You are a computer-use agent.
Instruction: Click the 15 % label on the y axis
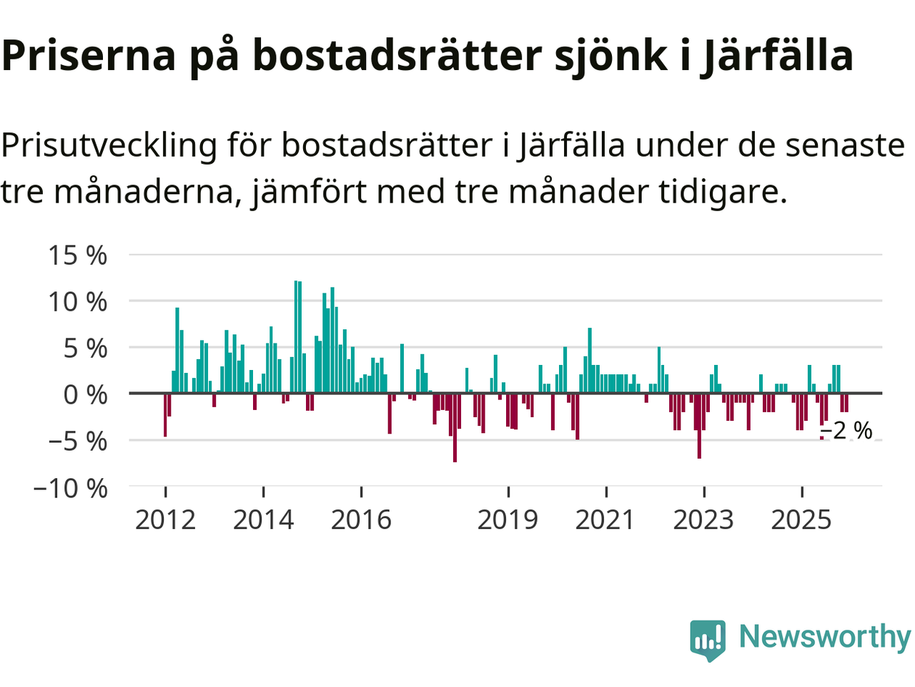coord(77,255)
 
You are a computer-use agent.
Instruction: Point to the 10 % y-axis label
coord(77,301)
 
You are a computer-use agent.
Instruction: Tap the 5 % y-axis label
coord(85,348)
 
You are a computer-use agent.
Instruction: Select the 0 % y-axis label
coord(85,394)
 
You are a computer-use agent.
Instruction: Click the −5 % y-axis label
coord(77,441)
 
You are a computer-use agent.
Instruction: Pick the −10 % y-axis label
coord(70,488)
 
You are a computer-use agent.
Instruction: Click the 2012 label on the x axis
coord(165,520)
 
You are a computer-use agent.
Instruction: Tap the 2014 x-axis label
coord(263,520)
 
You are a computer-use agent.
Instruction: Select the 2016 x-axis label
coord(361,520)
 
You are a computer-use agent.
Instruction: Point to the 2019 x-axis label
coord(508,520)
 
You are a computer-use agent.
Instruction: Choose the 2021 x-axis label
coord(605,520)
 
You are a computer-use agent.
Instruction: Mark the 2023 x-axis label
coord(703,520)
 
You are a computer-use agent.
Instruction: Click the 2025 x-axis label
coord(801,520)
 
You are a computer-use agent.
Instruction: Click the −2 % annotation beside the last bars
coord(846,431)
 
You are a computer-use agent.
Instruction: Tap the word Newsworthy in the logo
coord(824,636)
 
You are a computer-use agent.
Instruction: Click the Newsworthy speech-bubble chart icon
coord(708,639)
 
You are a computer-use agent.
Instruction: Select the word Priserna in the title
coord(89,56)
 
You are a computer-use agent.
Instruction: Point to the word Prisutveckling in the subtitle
coord(109,145)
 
